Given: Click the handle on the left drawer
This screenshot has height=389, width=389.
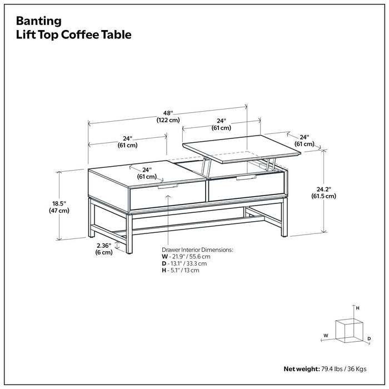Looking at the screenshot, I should coord(167,187).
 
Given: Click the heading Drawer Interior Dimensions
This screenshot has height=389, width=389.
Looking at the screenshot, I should coord(197,250).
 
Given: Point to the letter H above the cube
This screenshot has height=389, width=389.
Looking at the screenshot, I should coord(358,307).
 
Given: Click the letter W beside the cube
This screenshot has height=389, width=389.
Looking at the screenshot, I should coord(326,336).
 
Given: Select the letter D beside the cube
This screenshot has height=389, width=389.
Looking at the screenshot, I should coord(369,338).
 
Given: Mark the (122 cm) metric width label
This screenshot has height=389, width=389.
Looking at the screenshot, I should coord(167,120).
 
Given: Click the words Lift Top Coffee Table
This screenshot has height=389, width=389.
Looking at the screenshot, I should coord(73,34).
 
